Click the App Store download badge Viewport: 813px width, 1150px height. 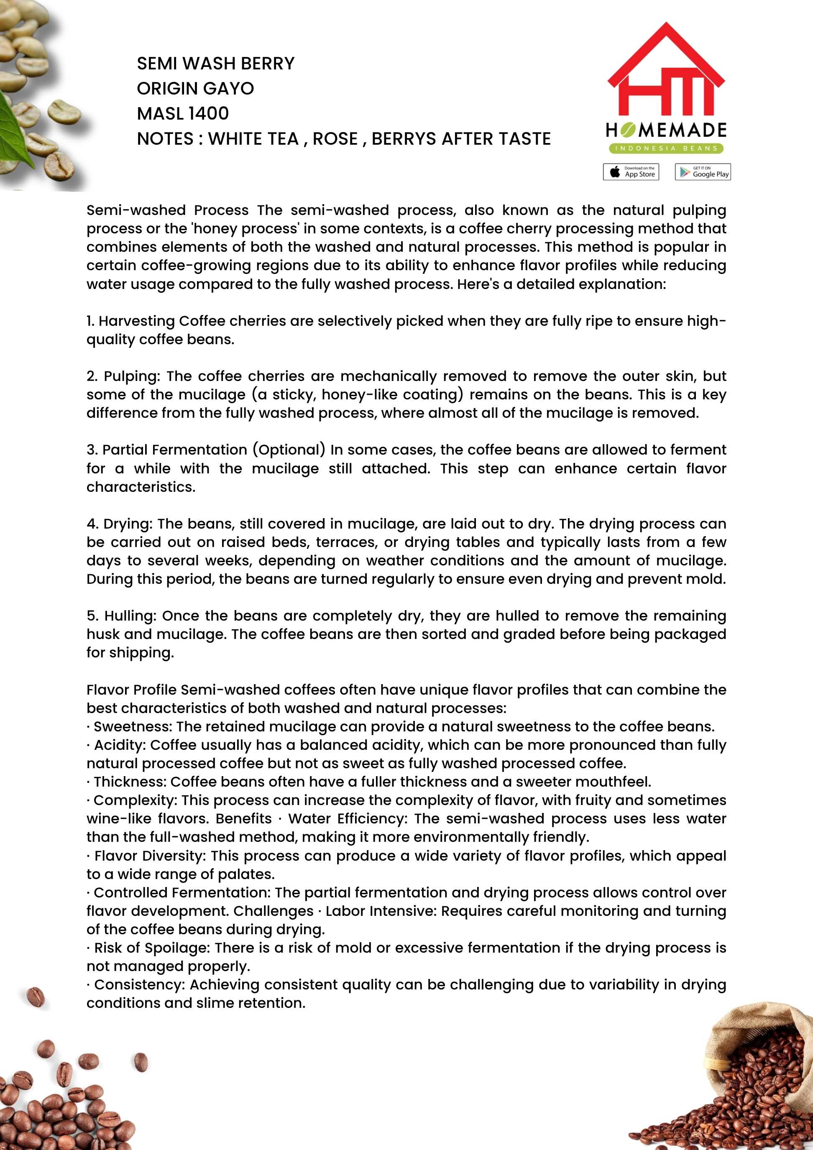click(631, 172)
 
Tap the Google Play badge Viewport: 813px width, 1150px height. click(702, 172)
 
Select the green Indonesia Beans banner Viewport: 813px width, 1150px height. click(666, 148)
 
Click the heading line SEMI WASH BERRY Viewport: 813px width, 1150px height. click(215, 64)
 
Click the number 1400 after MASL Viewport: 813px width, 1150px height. click(208, 114)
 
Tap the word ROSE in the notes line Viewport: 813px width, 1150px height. click(335, 139)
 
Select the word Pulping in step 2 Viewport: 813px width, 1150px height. click(132, 376)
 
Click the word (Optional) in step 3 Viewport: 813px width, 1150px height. click(289, 450)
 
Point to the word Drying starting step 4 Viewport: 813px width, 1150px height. click(127, 524)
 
